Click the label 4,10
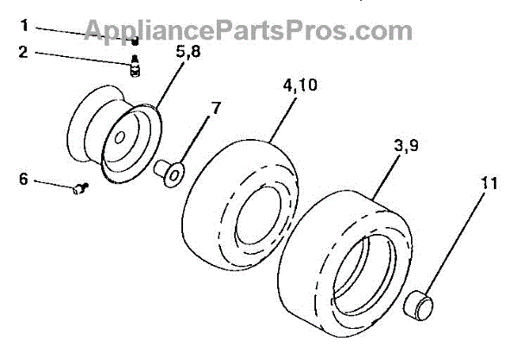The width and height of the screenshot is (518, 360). coord(297,86)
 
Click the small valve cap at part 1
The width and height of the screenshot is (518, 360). coord(135,40)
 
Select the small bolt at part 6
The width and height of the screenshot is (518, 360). coord(79,189)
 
